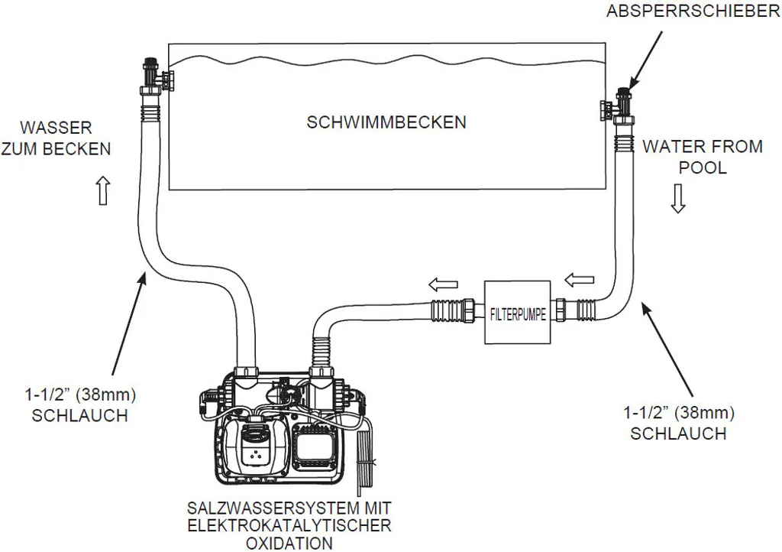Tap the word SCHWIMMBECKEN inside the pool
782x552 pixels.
coord(386,122)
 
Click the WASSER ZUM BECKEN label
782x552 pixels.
coord(56,138)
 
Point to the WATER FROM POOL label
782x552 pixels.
coord(702,157)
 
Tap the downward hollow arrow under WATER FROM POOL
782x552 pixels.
coord(677,200)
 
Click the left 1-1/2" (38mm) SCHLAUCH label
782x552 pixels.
coord(76,405)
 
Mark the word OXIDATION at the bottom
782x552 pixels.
coord(289,544)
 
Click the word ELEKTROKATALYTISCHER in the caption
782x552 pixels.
coord(289,526)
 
